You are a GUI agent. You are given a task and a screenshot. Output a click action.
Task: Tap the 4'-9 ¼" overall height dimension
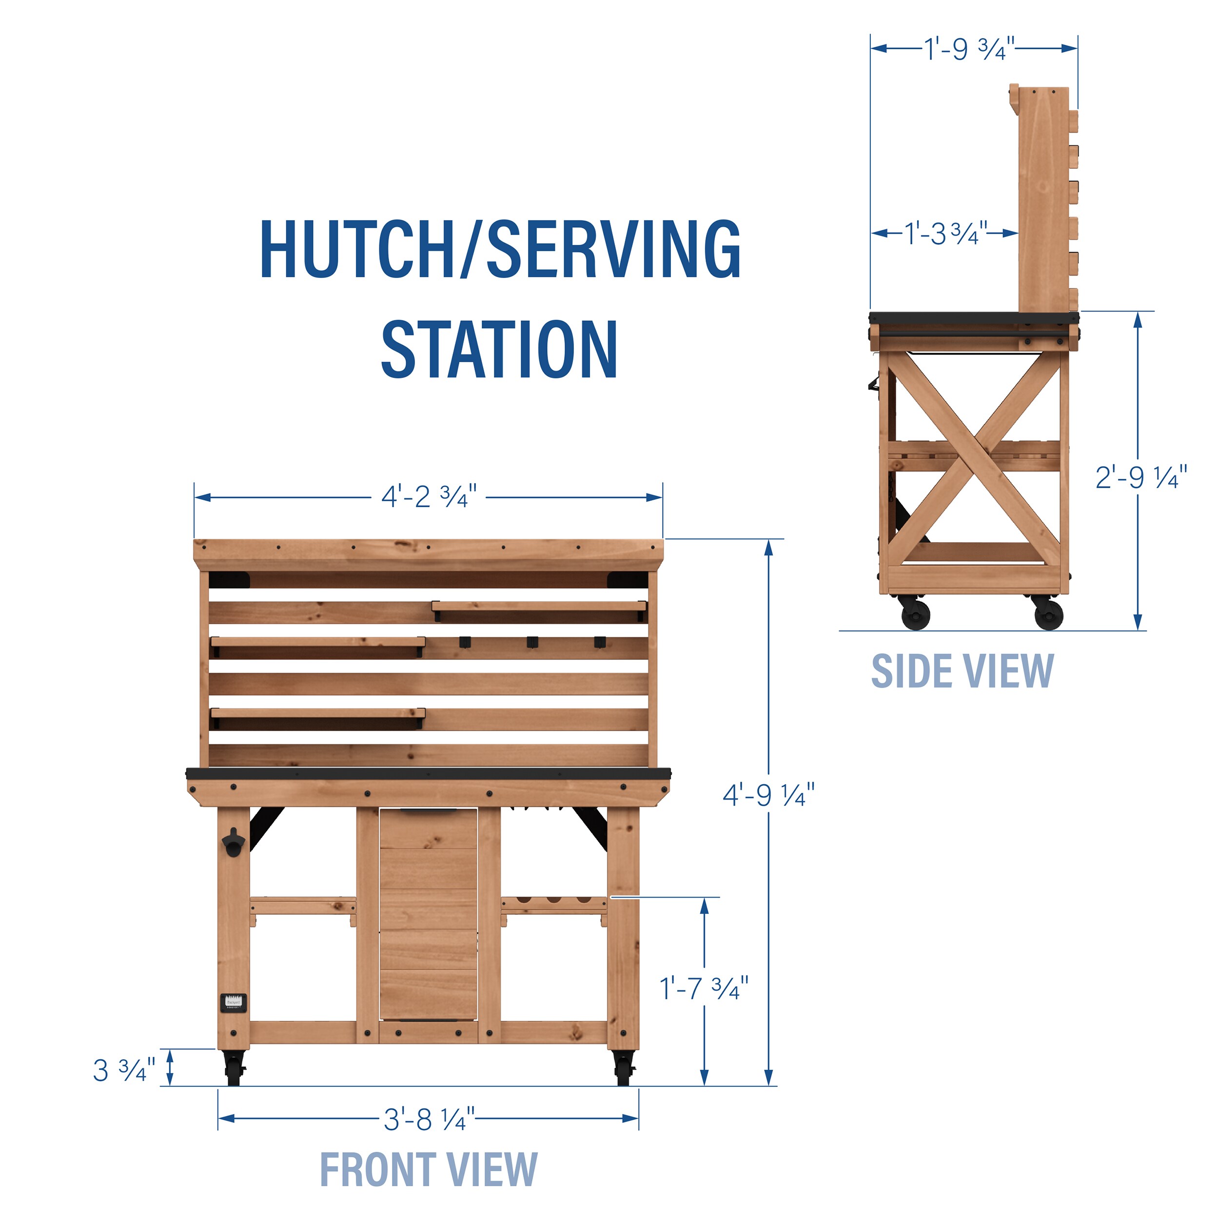pos(768,795)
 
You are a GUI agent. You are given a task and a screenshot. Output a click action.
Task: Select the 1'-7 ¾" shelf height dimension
pos(704,988)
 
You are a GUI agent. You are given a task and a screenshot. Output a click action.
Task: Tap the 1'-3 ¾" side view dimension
pos(945,234)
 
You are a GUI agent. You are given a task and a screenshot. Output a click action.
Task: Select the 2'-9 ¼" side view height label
pos(1141,478)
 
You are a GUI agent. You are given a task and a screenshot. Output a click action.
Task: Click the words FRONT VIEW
pos(429,1169)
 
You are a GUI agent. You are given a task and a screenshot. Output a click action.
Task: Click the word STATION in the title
pos(499,349)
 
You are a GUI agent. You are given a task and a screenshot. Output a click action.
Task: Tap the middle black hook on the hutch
pos(532,642)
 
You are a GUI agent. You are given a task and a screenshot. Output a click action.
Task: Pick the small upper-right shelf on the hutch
pos(539,607)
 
